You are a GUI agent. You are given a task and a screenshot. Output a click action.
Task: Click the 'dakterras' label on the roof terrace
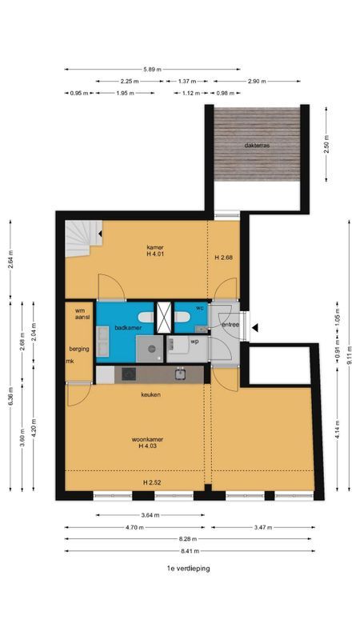point(257,146)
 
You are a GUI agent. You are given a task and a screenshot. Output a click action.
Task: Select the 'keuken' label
point(151,395)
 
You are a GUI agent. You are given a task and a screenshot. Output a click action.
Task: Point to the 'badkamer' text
point(128,327)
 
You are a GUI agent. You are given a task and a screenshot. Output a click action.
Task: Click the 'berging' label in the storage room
point(78,349)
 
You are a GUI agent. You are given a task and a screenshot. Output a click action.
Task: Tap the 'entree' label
point(230,325)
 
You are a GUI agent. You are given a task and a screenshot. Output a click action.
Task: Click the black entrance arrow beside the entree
point(254,326)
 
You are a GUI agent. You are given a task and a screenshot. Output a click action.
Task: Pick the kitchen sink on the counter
point(181,373)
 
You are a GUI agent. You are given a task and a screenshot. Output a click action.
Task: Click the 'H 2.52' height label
point(152,483)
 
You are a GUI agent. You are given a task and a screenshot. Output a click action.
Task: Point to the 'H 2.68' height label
point(223,258)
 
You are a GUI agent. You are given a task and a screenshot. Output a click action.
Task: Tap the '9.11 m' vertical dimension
point(349,354)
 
